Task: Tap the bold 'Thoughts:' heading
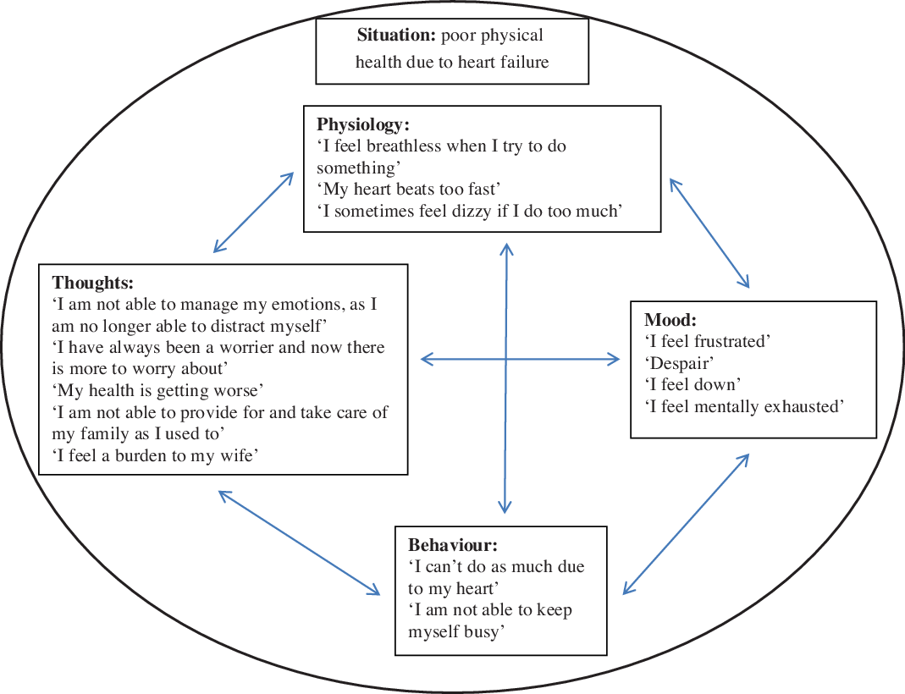(93, 283)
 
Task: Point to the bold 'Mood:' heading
(670, 320)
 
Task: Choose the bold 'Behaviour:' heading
(453, 544)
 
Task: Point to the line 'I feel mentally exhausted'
(745, 407)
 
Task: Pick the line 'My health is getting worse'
(159, 391)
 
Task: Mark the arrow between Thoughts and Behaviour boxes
(299, 543)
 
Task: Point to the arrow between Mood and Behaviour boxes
(687, 523)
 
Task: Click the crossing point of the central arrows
(506, 360)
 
